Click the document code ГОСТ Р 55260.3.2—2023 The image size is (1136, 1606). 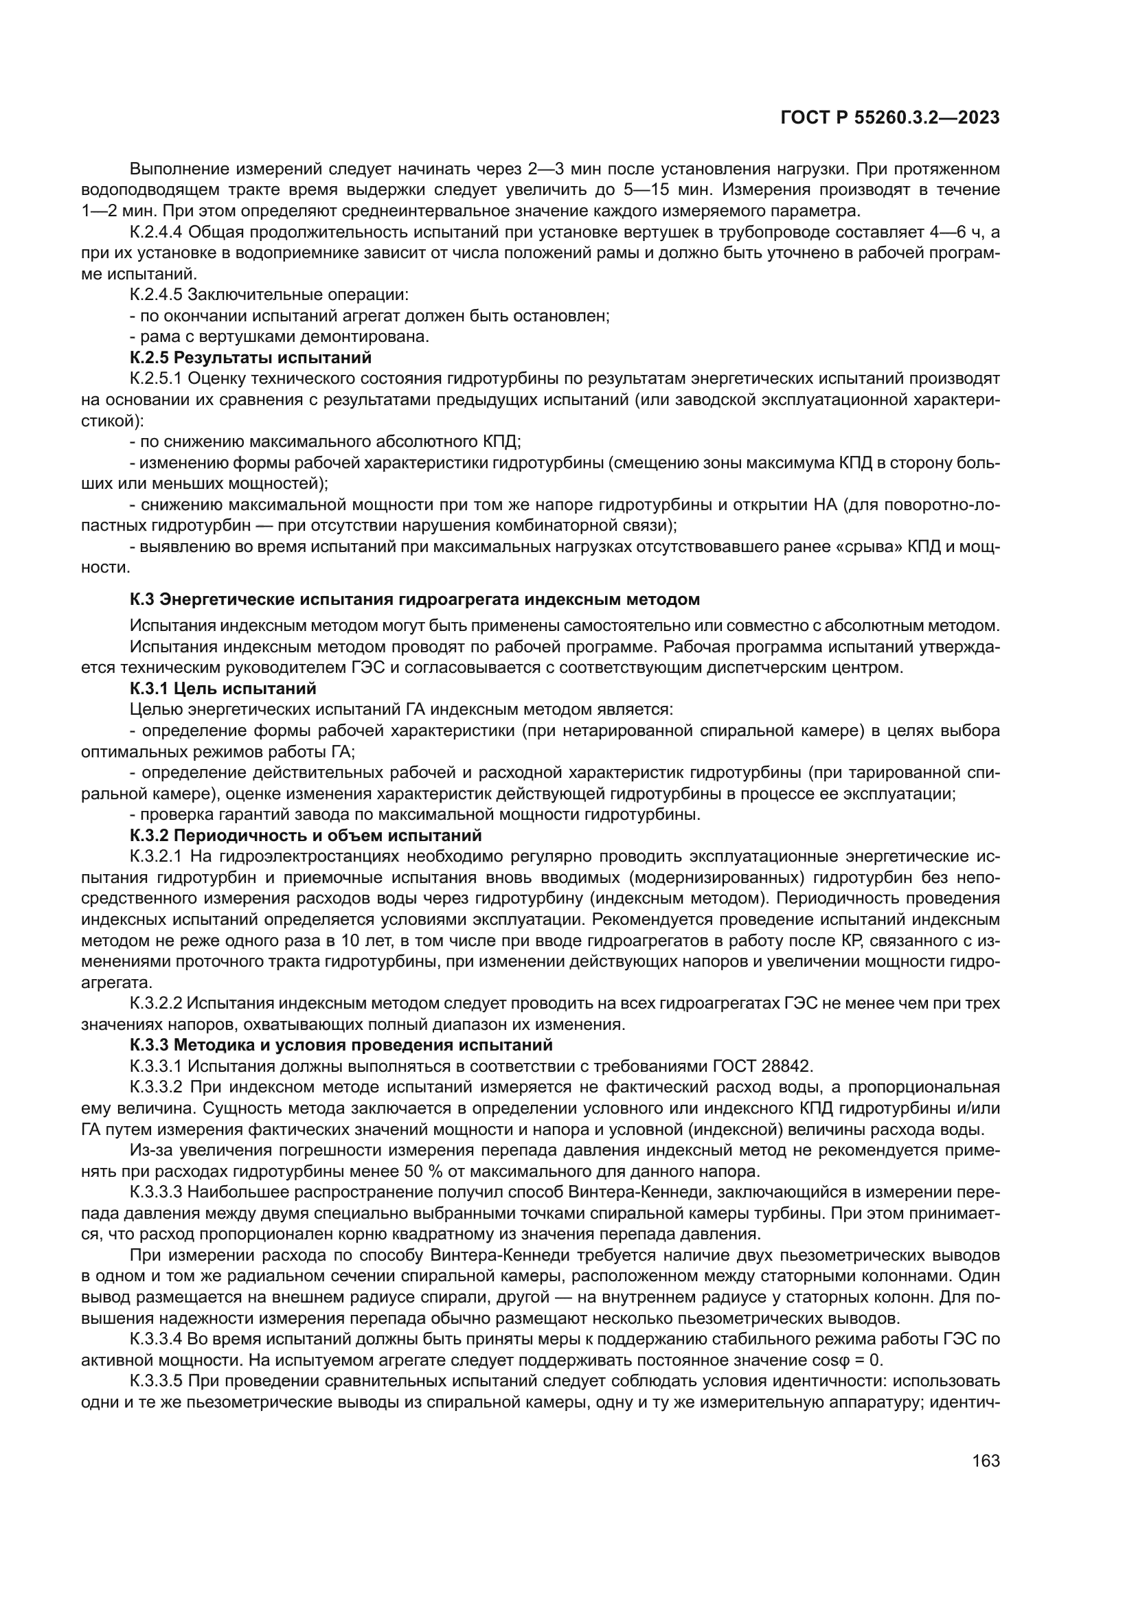tap(889, 118)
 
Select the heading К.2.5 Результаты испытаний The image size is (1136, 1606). tap(251, 358)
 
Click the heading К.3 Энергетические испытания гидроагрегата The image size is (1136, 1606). tap(415, 599)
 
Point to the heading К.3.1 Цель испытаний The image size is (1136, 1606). tap(223, 688)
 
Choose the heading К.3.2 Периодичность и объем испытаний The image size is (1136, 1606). tap(306, 835)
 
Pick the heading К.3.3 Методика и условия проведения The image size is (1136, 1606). tap(341, 1045)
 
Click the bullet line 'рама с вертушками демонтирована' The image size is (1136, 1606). tap(280, 336)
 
